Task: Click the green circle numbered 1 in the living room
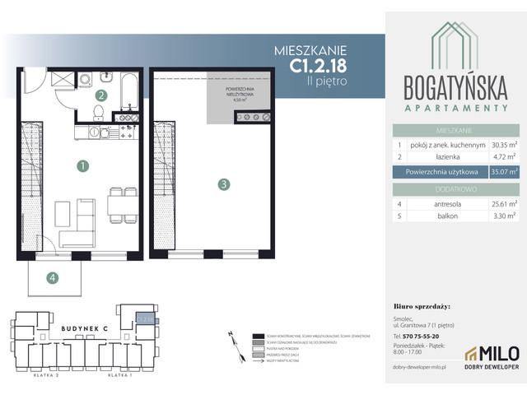coord(82,165)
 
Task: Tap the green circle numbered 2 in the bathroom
coord(100,95)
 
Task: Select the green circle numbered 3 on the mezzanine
coord(223,185)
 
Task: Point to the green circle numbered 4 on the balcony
coord(53,277)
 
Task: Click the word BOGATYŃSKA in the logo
coord(455,87)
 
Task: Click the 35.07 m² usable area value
coord(503,172)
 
